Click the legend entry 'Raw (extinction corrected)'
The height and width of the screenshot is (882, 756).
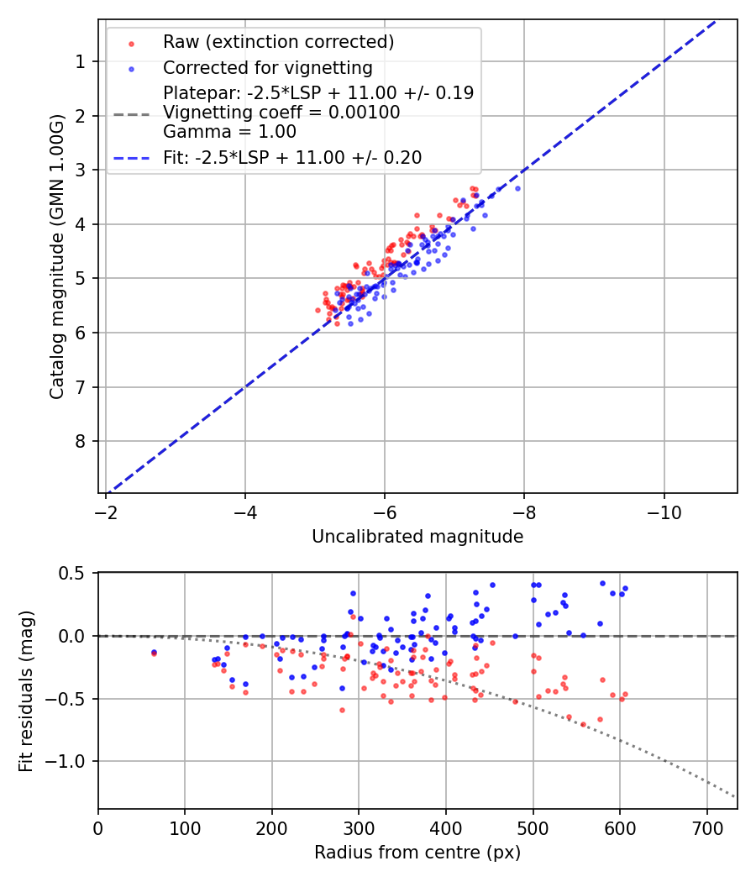click(278, 42)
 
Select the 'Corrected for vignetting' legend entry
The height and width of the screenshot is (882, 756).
click(267, 67)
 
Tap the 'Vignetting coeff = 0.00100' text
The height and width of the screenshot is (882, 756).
click(281, 113)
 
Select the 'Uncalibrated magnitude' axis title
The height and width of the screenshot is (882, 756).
click(417, 537)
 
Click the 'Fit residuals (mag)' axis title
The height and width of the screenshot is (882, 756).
click(26, 690)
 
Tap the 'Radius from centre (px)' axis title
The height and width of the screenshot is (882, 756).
click(417, 853)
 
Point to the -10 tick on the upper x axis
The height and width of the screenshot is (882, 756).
click(664, 511)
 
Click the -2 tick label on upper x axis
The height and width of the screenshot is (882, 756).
click(106, 511)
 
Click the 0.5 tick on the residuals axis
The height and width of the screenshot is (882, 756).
click(76, 573)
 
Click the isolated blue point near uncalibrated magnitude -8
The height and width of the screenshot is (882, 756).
click(517, 188)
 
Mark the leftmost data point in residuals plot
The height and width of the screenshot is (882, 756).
click(154, 653)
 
